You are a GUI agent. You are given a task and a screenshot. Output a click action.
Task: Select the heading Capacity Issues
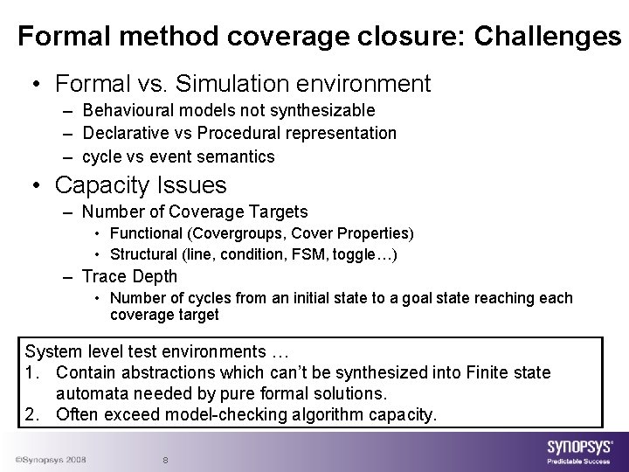(140, 185)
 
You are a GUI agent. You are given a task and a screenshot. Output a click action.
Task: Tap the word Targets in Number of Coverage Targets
(277, 212)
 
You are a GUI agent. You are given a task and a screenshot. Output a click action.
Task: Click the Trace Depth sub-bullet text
(129, 277)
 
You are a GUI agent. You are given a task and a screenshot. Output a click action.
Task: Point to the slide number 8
(166, 461)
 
